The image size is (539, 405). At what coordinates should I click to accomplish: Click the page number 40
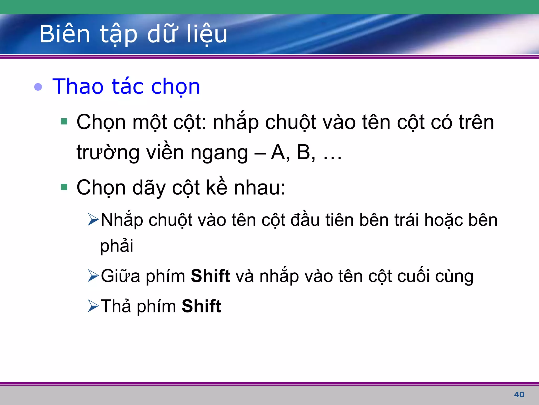(x=519, y=394)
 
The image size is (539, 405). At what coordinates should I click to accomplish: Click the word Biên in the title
(x=65, y=34)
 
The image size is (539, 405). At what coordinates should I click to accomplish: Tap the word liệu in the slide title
(x=207, y=34)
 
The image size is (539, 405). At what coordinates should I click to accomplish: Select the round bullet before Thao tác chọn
(x=38, y=87)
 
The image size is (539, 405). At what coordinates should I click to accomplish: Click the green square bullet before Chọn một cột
(x=64, y=122)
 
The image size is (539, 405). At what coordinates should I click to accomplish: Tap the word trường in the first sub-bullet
(x=108, y=152)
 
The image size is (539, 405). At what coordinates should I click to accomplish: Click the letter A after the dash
(x=278, y=152)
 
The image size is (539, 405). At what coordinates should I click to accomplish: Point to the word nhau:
(x=259, y=187)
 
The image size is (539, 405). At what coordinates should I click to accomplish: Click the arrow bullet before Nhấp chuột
(x=93, y=219)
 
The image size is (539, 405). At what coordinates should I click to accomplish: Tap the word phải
(x=117, y=246)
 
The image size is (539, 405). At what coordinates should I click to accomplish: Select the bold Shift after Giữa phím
(x=211, y=276)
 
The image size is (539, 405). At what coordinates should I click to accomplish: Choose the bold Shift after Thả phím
(x=201, y=306)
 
